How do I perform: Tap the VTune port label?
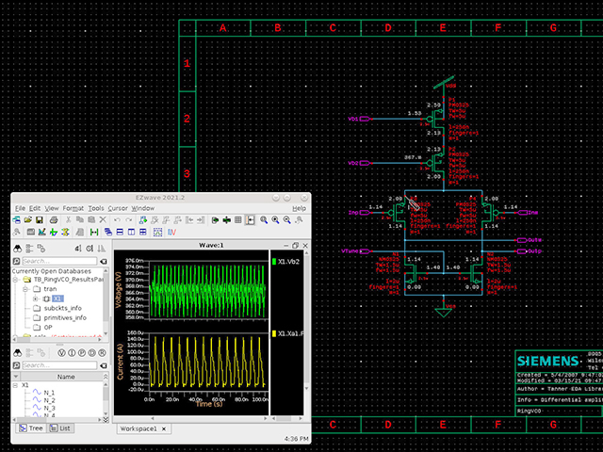click(350, 251)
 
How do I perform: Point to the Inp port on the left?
click(355, 213)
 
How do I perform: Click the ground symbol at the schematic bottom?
click(443, 309)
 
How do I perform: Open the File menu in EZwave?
click(20, 207)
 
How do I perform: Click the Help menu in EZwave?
click(299, 207)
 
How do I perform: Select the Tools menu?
click(96, 207)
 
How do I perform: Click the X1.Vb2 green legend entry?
click(288, 261)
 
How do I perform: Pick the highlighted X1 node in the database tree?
click(57, 298)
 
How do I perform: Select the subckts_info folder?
click(62, 308)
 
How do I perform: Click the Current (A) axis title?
click(118, 360)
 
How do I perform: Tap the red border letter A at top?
click(223, 28)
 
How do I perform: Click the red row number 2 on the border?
click(187, 119)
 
